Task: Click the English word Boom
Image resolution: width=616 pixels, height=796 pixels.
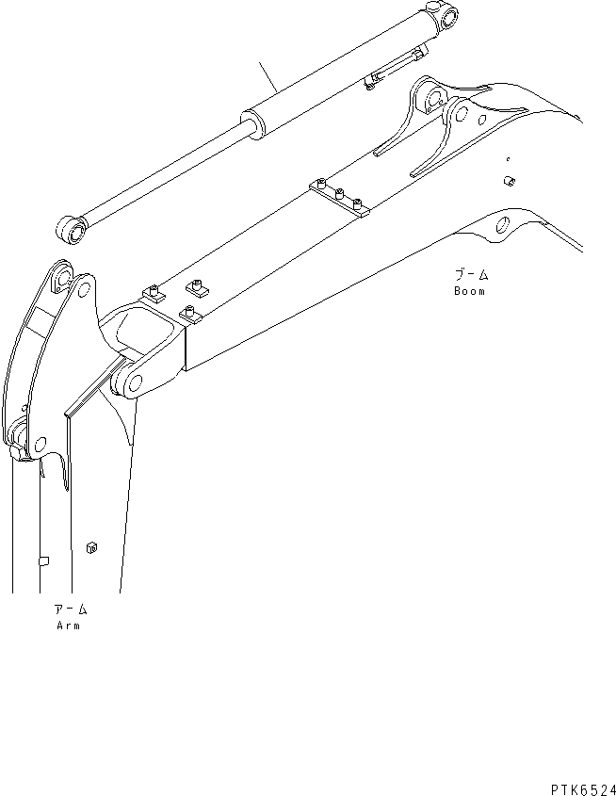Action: pyautogui.click(x=468, y=292)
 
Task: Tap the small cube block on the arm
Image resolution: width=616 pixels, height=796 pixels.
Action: pyautogui.click(x=90, y=546)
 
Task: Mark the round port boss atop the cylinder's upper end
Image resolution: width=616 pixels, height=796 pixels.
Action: pyautogui.click(x=436, y=8)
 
